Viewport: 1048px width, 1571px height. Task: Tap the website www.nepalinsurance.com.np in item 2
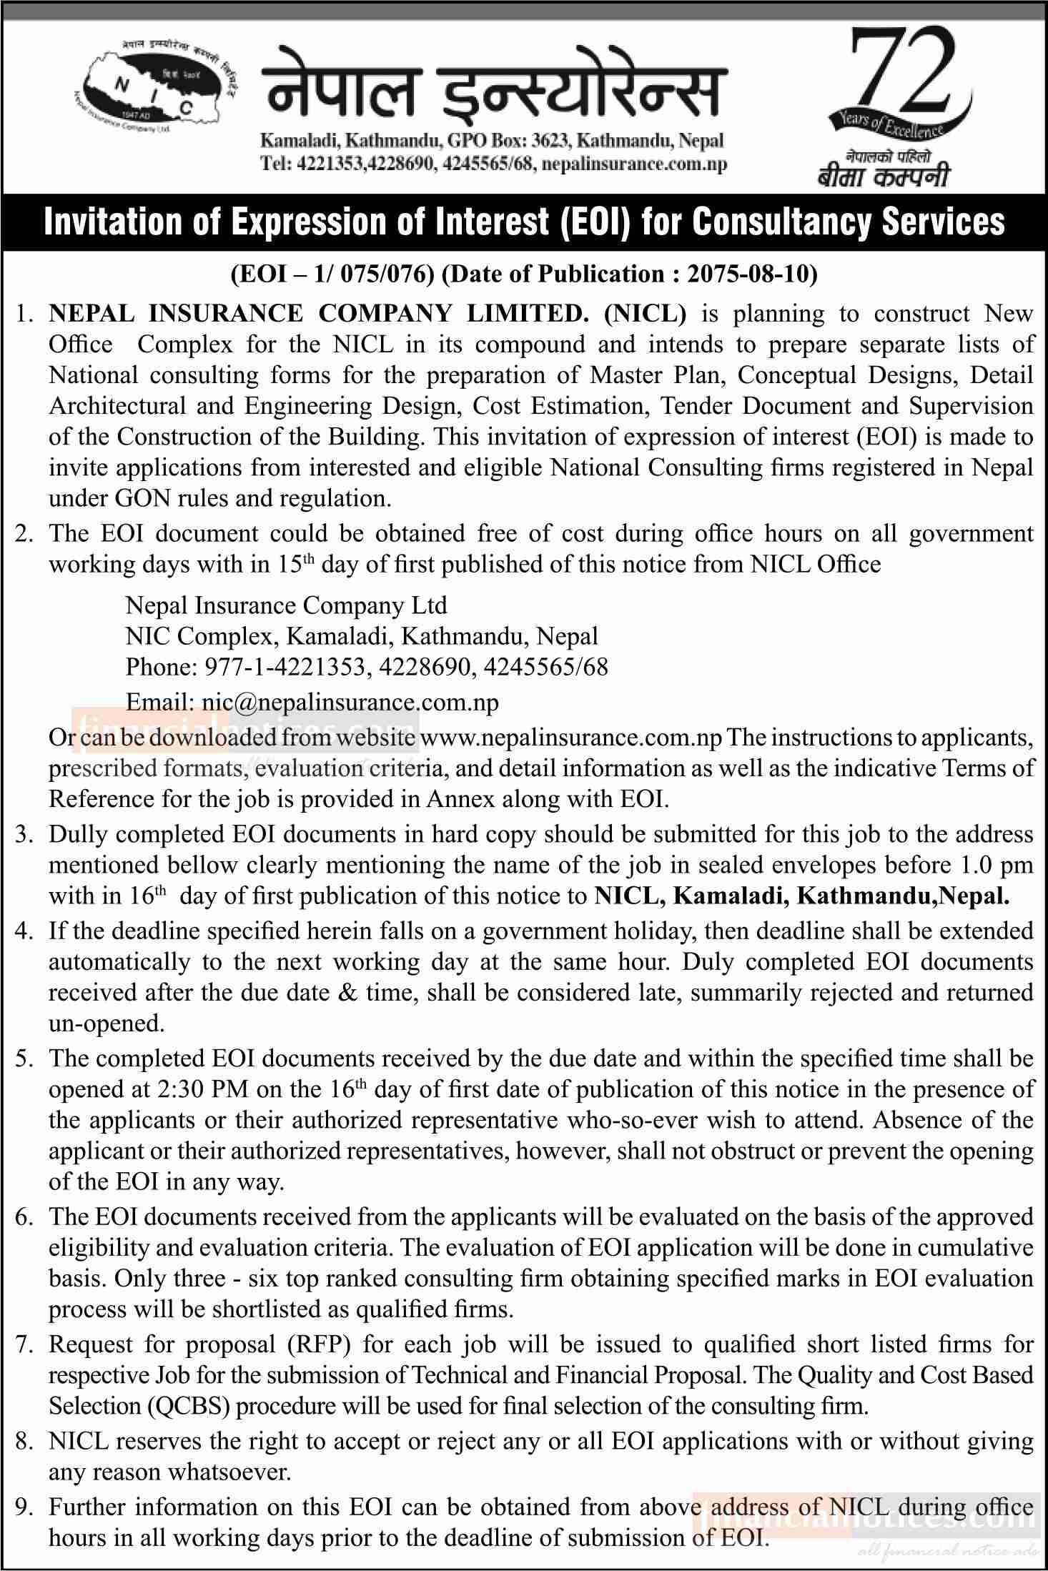click(571, 736)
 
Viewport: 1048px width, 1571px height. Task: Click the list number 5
click(25, 1058)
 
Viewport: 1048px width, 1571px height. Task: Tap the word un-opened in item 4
click(107, 1024)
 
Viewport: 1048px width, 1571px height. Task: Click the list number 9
click(25, 1507)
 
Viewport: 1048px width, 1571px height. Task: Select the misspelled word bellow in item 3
click(202, 865)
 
